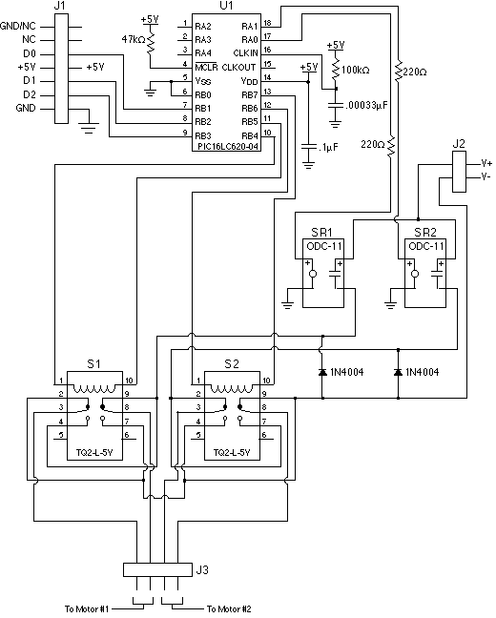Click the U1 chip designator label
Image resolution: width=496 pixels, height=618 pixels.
click(226, 6)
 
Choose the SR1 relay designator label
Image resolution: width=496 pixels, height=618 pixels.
click(321, 232)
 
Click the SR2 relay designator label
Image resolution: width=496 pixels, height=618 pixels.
click(425, 232)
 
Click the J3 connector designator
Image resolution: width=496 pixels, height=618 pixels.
click(201, 570)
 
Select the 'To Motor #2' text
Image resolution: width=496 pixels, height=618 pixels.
click(235, 608)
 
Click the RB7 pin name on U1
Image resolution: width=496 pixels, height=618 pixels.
click(250, 94)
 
